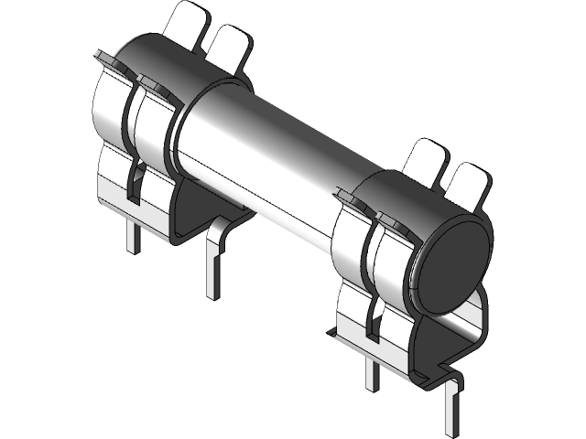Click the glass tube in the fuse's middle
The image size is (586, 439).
tap(275, 155)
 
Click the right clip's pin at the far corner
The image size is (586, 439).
tap(451, 407)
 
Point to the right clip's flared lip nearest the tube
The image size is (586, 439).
tap(351, 195)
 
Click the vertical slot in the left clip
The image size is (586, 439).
tap(134, 183)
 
